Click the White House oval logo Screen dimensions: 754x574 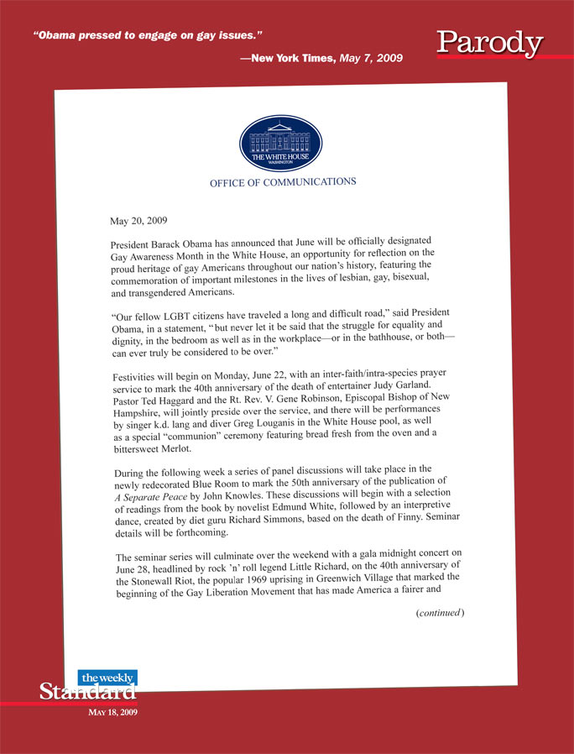coord(280,144)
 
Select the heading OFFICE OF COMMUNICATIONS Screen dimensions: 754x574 coord(283,182)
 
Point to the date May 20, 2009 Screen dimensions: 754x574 coord(138,222)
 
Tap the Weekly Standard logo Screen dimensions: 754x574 coord(88,686)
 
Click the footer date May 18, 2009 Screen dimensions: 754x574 coord(113,712)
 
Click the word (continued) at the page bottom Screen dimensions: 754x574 coord(440,614)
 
